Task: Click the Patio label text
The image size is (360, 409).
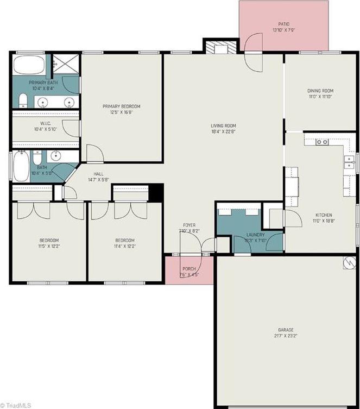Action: [x=283, y=24]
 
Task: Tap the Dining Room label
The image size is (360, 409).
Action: [x=320, y=91]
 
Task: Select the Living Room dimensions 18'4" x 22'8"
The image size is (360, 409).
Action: [x=224, y=131]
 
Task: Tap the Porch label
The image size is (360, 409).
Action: [x=189, y=268]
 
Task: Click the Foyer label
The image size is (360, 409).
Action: [x=189, y=225]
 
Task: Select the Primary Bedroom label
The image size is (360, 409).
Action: [x=122, y=106]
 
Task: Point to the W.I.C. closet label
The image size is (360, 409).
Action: [x=30, y=123]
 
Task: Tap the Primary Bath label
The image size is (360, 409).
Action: [x=30, y=81]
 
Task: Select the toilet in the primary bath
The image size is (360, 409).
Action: [x=23, y=100]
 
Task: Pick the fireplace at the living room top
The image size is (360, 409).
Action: [x=221, y=48]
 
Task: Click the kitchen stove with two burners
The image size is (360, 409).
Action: [x=322, y=143]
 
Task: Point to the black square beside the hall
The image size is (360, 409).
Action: [x=156, y=192]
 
